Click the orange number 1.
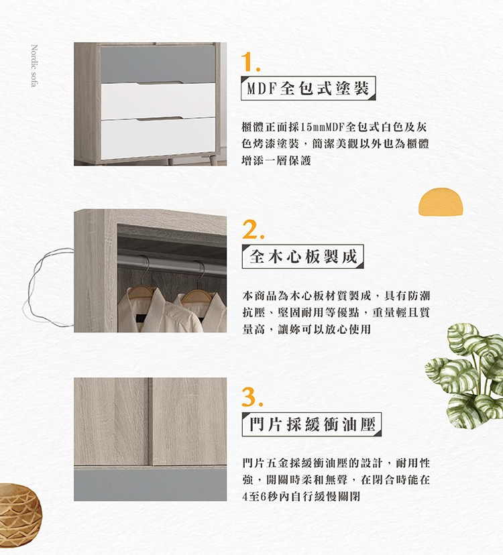pos(250,62)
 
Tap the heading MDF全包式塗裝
pos(308,88)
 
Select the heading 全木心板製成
pos(302,256)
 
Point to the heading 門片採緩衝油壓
pos(311,424)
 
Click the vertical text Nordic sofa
pos(34,66)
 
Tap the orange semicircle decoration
pos(441,202)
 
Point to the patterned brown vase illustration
pos(19,509)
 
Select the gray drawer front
pos(158,64)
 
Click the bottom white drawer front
pos(158,138)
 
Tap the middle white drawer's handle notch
pos(160,84)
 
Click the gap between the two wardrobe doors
pos(150,421)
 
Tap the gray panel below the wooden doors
pos(150,485)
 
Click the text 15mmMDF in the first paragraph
pos(319,127)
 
